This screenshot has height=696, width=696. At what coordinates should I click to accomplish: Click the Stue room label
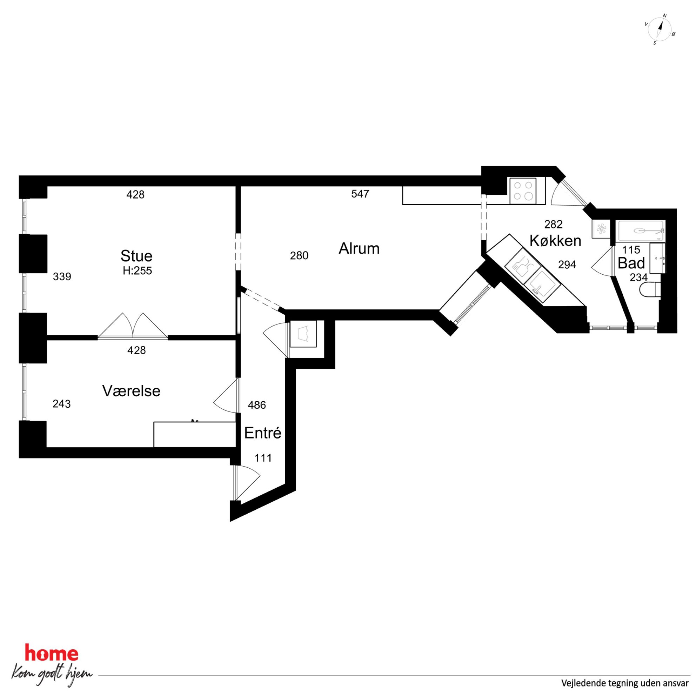(136, 256)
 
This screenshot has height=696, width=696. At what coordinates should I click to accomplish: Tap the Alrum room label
(359, 249)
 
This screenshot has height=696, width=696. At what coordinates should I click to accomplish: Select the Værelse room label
(131, 391)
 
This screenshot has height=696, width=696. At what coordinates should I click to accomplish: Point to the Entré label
(263, 433)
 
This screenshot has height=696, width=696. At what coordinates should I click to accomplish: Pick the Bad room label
(631, 263)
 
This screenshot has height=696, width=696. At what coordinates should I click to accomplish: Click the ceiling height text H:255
(137, 270)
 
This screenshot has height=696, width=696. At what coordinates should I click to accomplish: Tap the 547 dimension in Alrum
(360, 194)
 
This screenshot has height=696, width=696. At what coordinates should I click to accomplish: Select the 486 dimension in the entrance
(257, 405)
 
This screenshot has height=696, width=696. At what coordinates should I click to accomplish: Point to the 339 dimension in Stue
(62, 277)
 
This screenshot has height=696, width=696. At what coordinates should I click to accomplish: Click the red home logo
(52, 653)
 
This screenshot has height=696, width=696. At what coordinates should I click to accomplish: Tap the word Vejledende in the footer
(583, 683)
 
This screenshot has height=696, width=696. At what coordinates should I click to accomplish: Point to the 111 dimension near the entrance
(263, 458)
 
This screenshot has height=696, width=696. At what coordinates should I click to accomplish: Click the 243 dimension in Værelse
(62, 404)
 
